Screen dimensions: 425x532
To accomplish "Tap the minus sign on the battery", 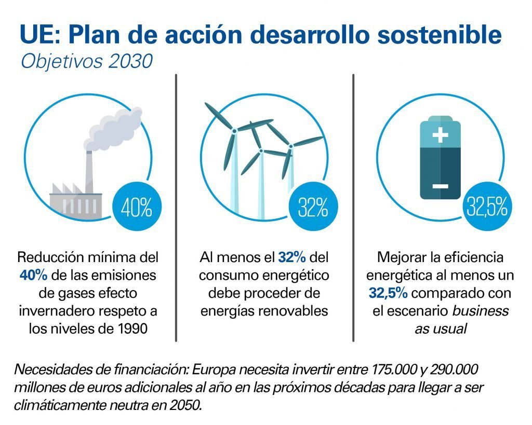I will click(x=440, y=185).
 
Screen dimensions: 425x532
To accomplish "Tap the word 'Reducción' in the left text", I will click(x=45, y=257).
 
